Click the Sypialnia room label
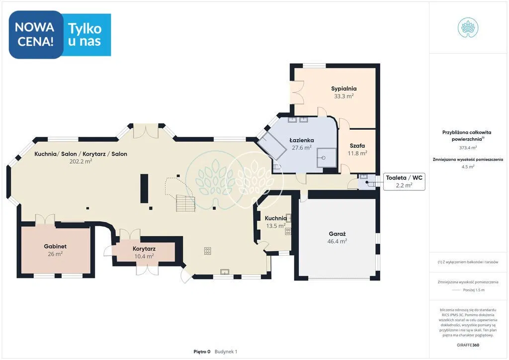344,89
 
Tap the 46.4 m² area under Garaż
338,241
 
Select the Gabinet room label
55,247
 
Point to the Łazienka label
302,140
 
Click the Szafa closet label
357,146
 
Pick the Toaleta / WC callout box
404,181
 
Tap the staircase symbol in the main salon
186,203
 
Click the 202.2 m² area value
81,161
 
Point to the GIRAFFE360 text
468,345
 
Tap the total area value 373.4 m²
468,148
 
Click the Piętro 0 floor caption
202,352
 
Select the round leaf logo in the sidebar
468,27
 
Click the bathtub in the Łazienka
272,146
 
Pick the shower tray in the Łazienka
327,158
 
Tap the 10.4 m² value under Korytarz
144,257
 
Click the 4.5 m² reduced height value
468,167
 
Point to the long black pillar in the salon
144,188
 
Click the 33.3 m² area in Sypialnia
344,96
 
